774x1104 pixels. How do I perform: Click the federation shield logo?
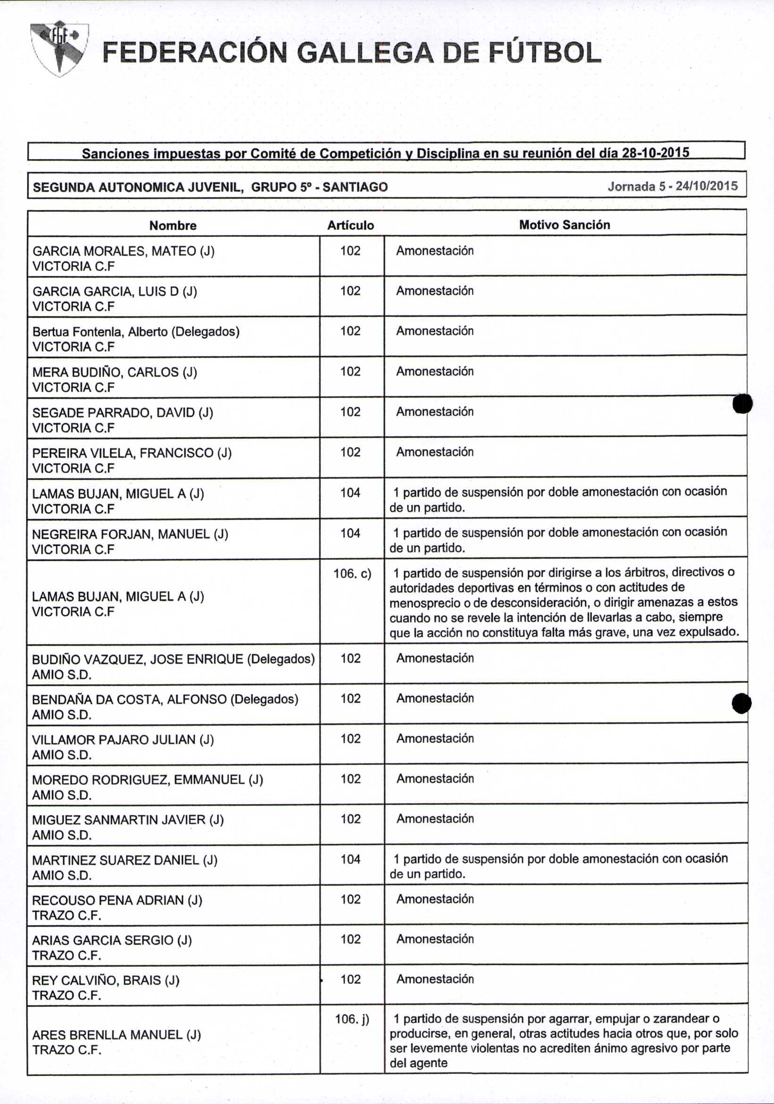[x=58, y=48]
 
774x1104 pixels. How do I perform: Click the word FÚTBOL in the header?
[x=545, y=53]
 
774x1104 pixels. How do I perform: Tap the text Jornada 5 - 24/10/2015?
[x=672, y=186]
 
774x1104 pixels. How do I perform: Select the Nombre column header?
[x=173, y=225]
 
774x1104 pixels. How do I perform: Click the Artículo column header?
[x=350, y=225]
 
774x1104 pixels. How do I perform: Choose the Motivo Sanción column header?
[x=564, y=224]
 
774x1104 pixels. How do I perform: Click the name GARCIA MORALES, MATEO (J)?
[x=123, y=251]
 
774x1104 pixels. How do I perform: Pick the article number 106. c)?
[x=353, y=574]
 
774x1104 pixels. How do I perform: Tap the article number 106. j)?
[x=352, y=1018]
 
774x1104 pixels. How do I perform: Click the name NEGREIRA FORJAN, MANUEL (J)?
[x=130, y=534]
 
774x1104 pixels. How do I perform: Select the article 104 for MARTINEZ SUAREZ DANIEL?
[x=350, y=859]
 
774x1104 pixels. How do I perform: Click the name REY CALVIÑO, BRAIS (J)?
[x=106, y=980]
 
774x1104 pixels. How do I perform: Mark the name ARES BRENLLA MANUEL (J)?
[x=116, y=1035]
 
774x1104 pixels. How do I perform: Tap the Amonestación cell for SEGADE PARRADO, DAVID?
[x=435, y=412]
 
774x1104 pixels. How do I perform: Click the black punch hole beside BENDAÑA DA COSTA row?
[x=742, y=703]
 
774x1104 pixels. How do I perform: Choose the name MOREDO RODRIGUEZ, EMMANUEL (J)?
[x=147, y=779]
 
